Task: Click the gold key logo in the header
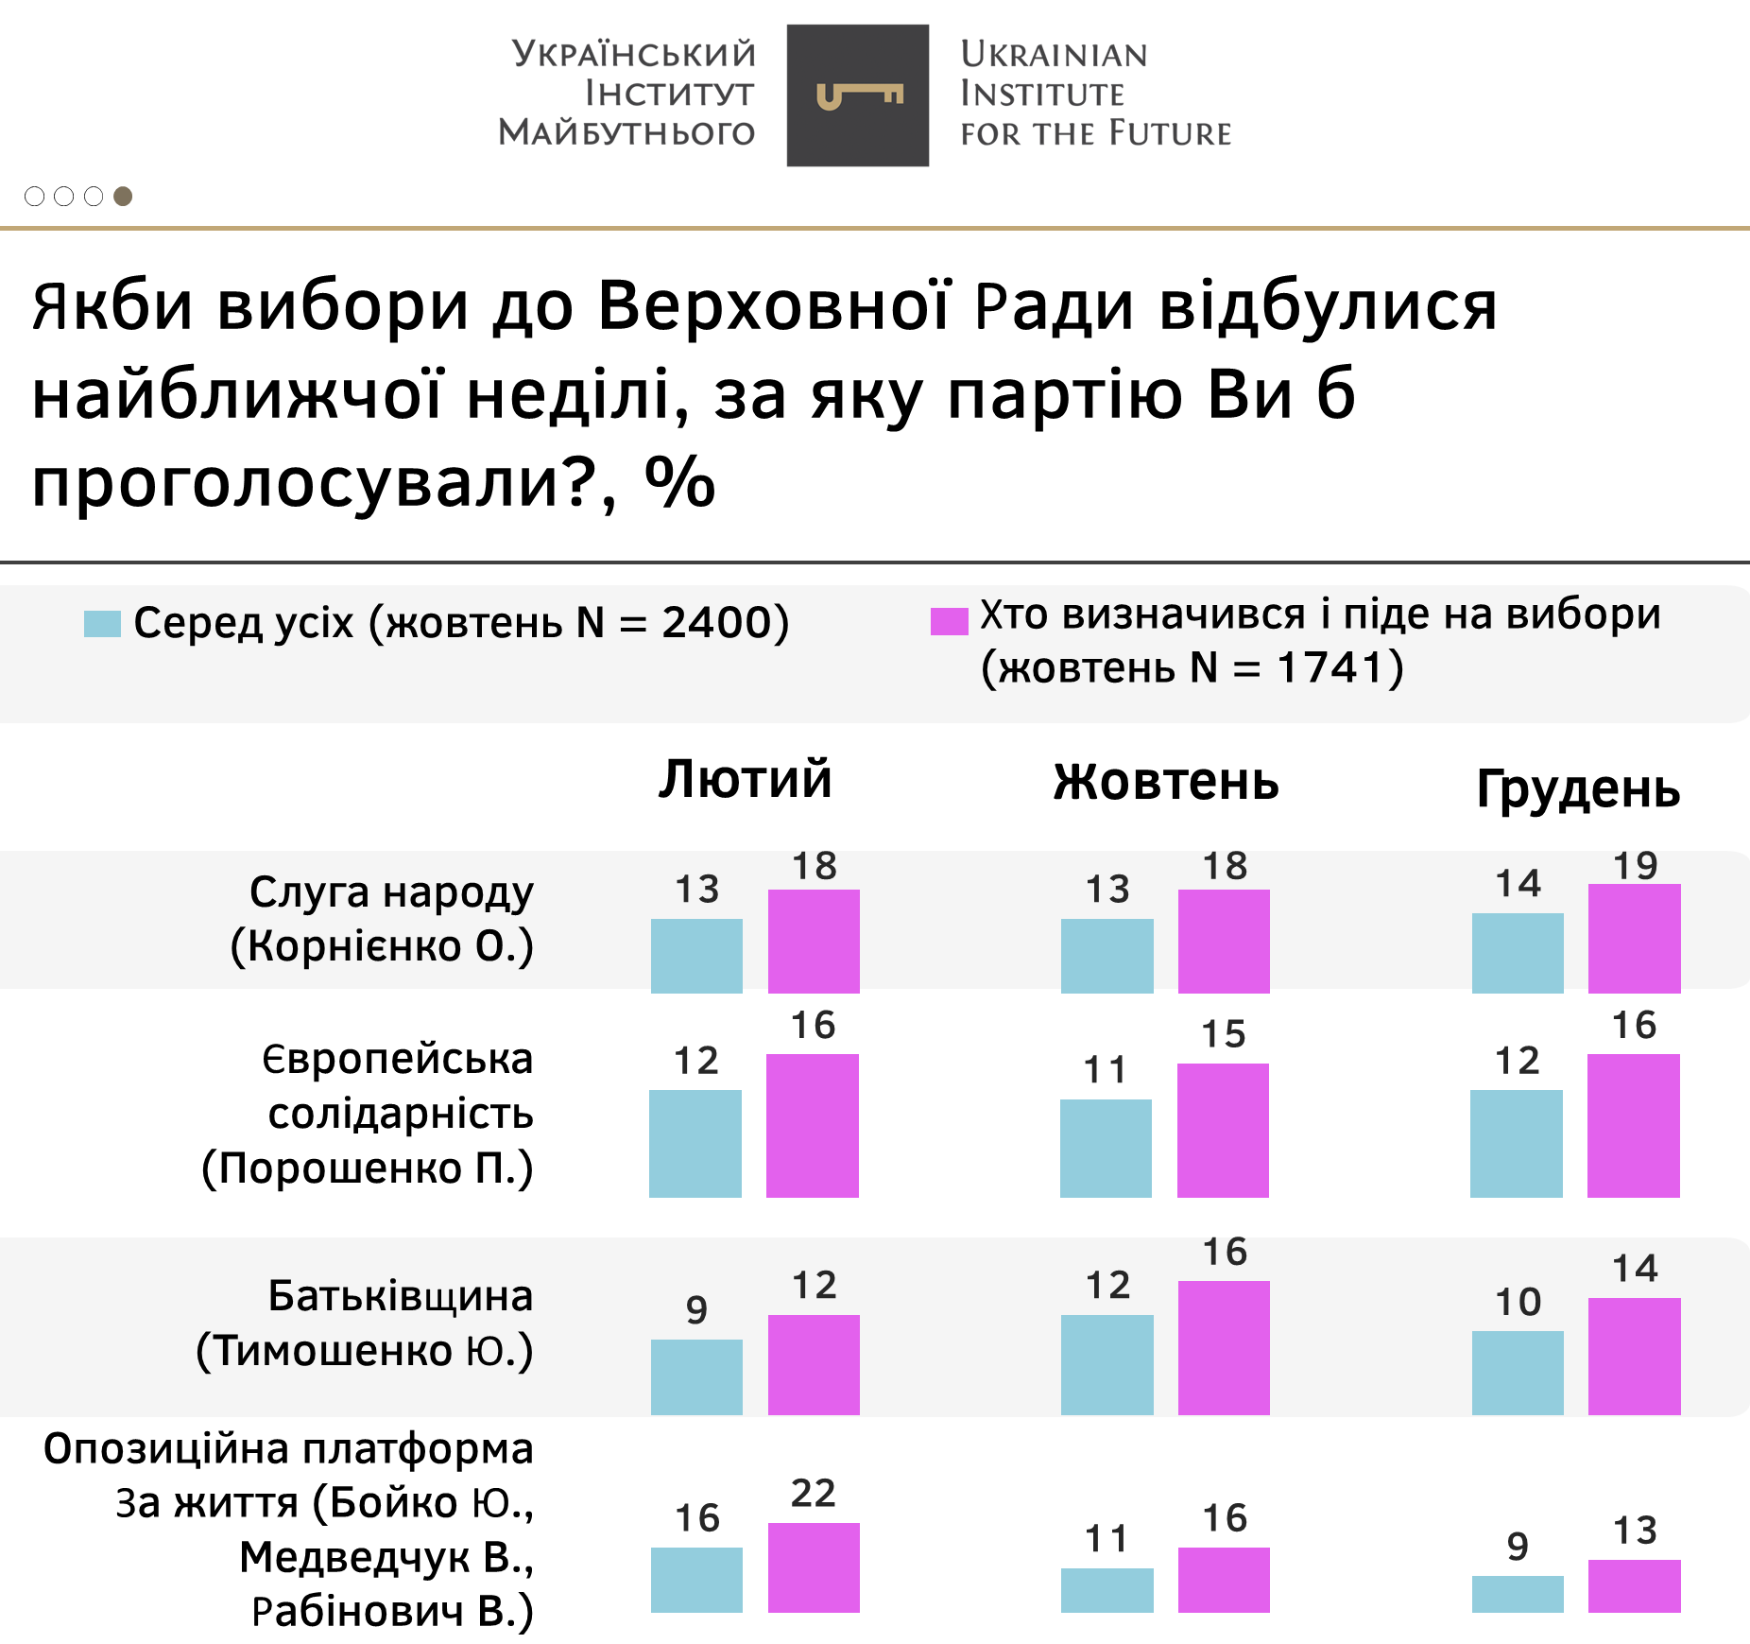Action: (x=858, y=95)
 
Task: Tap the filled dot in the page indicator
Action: (x=123, y=196)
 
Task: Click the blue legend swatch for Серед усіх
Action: (x=102, y=624)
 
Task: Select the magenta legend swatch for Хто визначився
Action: (x=949, y=621)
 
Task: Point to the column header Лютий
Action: (x=745, y=779)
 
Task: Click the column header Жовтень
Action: (x=1166, y=782)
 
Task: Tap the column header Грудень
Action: (x=1578, y=788)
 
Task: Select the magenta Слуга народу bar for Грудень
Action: (x=1634, y=938)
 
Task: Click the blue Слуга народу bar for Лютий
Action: (x=696, y=955)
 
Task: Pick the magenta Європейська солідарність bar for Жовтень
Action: (x=1223, y=1130)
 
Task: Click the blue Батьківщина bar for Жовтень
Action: (x=1107, y=1364)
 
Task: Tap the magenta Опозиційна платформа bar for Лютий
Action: (x=814, y=1566)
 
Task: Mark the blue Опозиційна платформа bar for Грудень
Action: (x=1518, y=1593)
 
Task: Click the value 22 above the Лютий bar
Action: (x=814, y=1494)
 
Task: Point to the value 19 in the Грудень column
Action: (x=1635, y=866)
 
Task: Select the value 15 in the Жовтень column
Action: (x=1223, y=1034)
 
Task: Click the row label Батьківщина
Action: (x=400, y=1295)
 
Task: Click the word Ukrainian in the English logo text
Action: (x=1054, y=55)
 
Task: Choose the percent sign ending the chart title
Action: (x=679, y=481)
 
